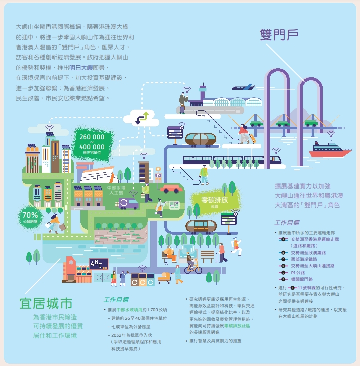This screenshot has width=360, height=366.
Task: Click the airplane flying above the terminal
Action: click(244, 87)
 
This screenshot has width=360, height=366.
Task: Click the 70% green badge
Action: click(30, 216)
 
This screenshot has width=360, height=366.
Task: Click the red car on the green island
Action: click(171, 189)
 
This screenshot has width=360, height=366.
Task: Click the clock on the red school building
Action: click(71, 261)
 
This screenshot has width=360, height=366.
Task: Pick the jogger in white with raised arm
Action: click(236, 246)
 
